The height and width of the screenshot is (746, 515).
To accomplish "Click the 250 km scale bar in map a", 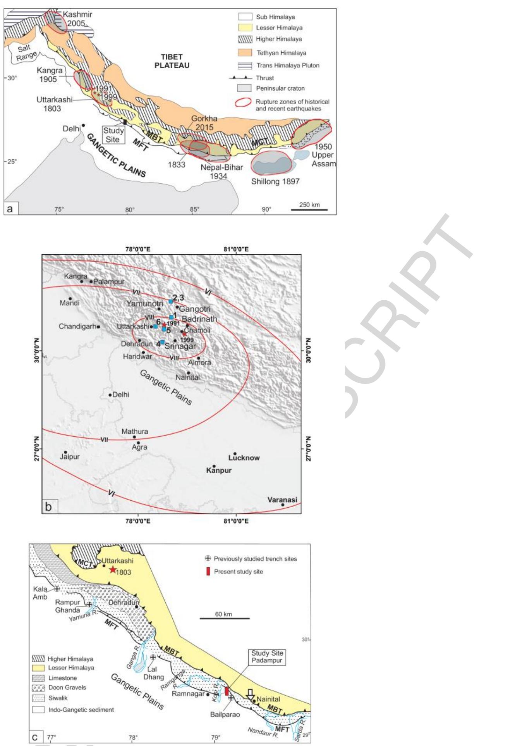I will coord(309,210).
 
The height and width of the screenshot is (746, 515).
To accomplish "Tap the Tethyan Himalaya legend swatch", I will coord(245,53).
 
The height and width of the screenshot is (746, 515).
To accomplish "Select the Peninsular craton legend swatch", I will coord(245,88).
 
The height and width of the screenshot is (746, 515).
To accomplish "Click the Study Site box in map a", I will coord(113,134).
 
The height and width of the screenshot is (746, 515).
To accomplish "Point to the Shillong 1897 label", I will coord(275,181).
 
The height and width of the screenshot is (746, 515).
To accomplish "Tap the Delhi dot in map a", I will coord(83,125).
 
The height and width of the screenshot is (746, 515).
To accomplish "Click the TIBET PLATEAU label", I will coord(172,61).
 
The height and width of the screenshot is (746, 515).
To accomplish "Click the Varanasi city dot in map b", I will coord(283,505).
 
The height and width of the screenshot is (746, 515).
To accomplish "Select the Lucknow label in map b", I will coord(244,458).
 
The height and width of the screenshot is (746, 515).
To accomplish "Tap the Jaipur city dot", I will coord(65,452).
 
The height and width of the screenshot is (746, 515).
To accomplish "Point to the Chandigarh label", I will coord(77,326).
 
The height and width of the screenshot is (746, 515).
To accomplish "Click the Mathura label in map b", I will coord(135,431).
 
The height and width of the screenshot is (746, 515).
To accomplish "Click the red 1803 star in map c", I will coord(112,569).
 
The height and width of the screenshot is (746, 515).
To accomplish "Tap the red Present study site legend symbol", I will coord(208,571).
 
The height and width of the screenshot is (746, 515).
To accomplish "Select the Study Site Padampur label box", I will coord(267,657).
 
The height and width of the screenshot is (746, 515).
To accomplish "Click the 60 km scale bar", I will coord(224,618).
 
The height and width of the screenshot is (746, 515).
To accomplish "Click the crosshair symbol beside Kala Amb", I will coord(57,589).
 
